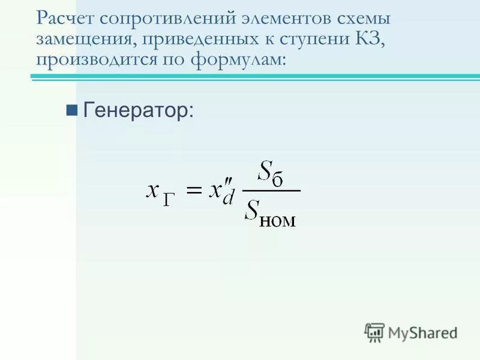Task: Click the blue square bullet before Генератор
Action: click(x=72, y=109)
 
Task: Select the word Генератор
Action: click(x=138, y=109)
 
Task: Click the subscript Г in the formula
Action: click(x=170, y=200)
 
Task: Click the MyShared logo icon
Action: click(x=374, y=332)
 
